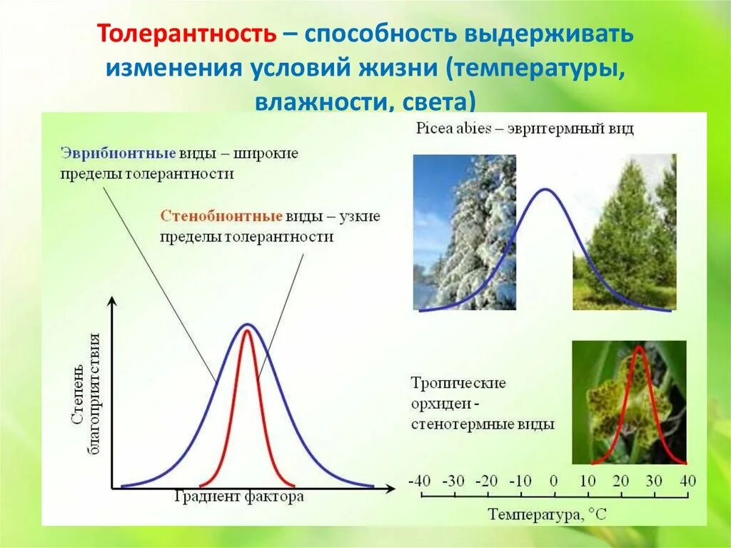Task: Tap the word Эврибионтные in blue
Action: pyautogui.click(x=119, y=153)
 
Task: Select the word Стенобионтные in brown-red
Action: pyautogui.click(x=221, y=216)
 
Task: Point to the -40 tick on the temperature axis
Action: pyautogui.click(x=419, y=481)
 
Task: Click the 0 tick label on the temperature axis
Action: pyautogui.click(x=553, y=481)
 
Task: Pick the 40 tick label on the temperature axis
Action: pyautogui.click(x=687, y=481)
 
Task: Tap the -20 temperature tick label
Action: pyautogui.click(x=487, y=481)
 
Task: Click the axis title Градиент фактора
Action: pyautogui.click(x=239, y=496)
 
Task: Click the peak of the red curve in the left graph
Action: pyautogui.click(x=246, y=331)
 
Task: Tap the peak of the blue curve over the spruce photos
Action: pyautogui.click(x=545, y=189)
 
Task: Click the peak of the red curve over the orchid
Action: pyautogui.click(x=639, y=347)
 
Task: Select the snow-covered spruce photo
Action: pyautogui.click(x=465, y=232)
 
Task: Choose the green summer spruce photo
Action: pyautogui.click(x=625, y=232)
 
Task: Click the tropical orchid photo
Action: pyautogui.click(x=630, y=402)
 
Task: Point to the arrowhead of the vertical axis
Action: pyautogui.click(x=112, y=301)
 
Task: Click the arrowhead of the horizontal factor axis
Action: pyautogui.click(x=390, y=489)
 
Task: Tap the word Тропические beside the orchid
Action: pyautogui.click(x=458, y=383)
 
